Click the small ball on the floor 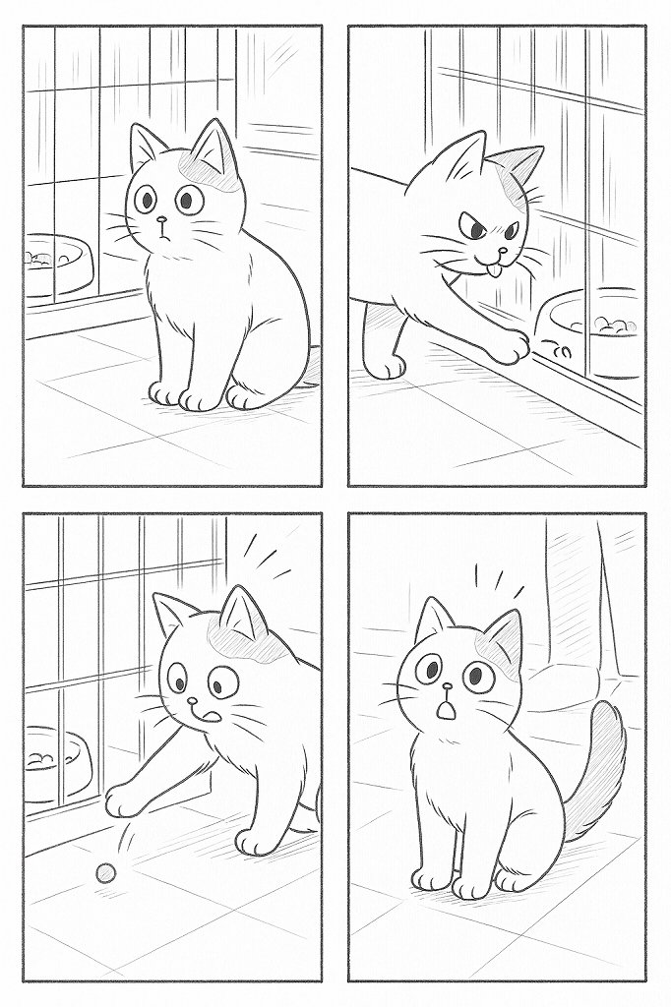coord(104,873)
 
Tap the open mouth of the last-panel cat coord(447,705)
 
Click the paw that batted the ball coord(123,800)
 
